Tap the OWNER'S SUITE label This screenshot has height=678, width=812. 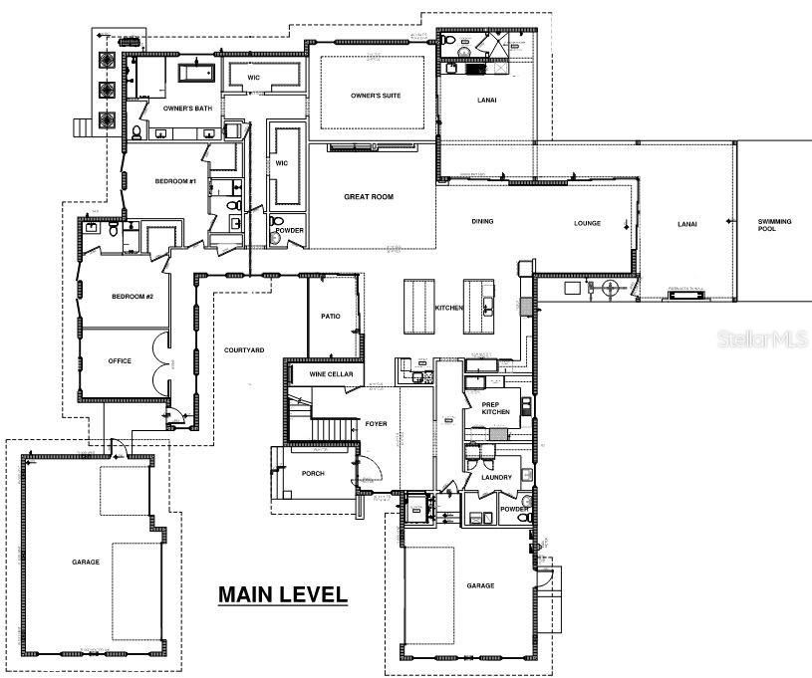point(375,97)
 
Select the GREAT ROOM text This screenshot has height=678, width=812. point(369,197)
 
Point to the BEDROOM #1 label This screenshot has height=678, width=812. point(175,181)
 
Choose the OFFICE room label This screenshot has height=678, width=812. point(120,361)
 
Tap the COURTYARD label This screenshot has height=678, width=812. point(243,349)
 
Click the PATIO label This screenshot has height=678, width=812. point(331,317)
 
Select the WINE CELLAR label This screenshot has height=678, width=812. point(331,374)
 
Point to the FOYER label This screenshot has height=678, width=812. point(376,424)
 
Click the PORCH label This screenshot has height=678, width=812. point(313,473)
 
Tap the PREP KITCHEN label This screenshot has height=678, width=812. point(496,407)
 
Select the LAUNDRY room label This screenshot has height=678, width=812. point(496,477)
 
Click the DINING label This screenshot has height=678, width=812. point(482,223)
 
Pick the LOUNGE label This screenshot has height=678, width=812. point(587,223)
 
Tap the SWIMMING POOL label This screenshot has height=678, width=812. point(774,225)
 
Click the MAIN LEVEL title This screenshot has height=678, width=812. point(283,595)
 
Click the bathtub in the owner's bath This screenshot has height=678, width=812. point(195,73)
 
